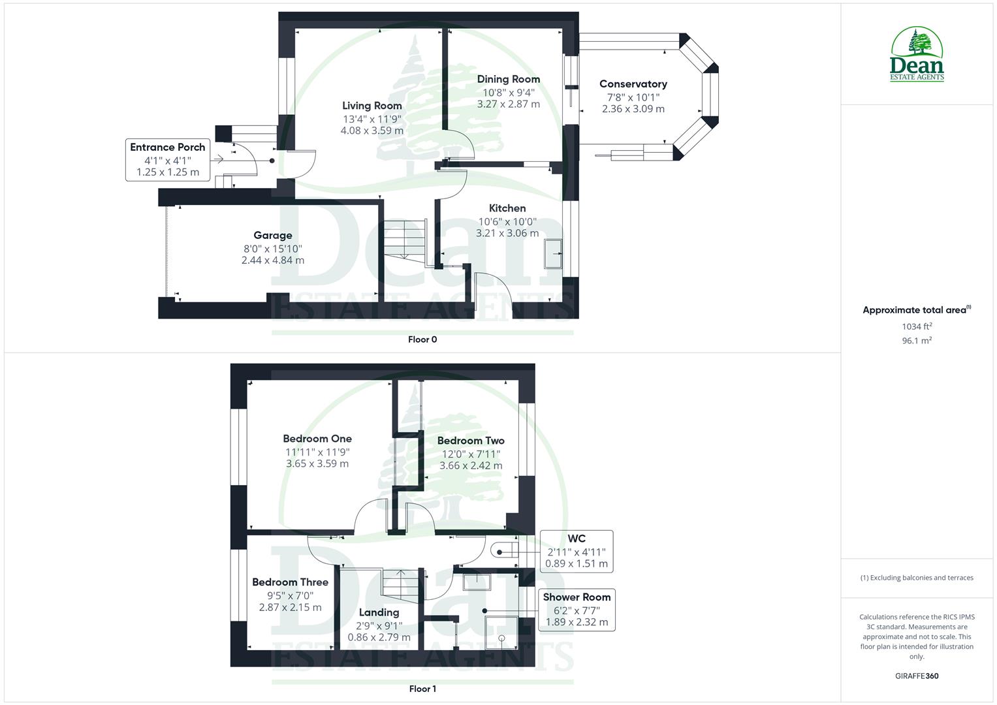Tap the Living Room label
click(372, 106)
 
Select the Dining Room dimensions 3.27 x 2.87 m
click(509, 104)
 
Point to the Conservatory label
click(633, 84)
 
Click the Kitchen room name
click(507, 208)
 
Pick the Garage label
click(273, 236)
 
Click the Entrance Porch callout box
click(168, 159)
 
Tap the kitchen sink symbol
click(554, 253)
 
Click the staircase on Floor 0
click(404, 240)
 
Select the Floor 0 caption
click(422, 339)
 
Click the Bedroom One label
click(317, 439)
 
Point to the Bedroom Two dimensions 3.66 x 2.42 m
click(471, 465)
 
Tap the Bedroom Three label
click(291, 582)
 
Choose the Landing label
click(379, 612)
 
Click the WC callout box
click(577, 552)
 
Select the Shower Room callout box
click(577, 610)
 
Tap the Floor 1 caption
click(422, 689)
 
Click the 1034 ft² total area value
click(917, 326)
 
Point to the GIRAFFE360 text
click(917, 676)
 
